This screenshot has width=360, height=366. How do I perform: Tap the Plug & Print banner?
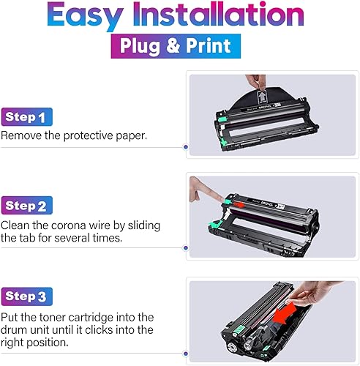point(179,46)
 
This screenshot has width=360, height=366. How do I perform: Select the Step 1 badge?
point(27,117)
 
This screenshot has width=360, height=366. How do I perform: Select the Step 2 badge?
point(28,206)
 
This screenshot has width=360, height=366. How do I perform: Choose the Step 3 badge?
point(28,296)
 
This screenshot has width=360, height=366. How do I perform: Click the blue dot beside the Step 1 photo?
point(185,146)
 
